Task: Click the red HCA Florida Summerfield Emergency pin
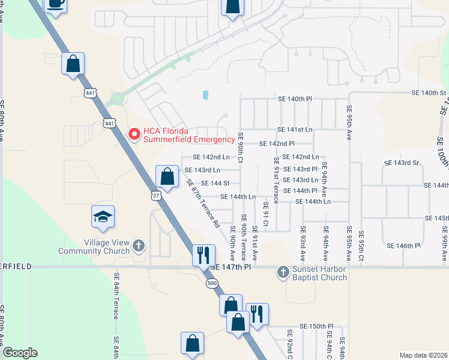click(x=134, y=133)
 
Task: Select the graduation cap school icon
click(x=103, y=217)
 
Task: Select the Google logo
click(x=20, y=353)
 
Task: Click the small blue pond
click(x=206, y=95)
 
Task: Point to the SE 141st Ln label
click(x=295, y=130)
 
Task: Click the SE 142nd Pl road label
click(x=277, y=144)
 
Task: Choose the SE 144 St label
click(x=215, y=183)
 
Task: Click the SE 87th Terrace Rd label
click(x=203, y=203)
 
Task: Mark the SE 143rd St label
click(x=402, y=163)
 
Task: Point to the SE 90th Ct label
click(x=240, y=146)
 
